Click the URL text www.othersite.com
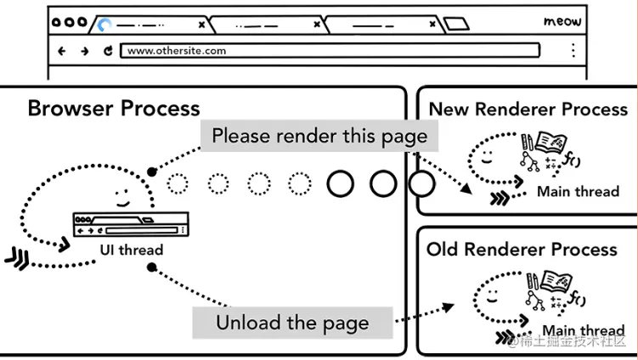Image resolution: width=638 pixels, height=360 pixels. [177, 51]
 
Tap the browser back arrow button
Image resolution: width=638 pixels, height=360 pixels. [62, 51]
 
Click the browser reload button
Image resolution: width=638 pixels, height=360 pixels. [108, 51]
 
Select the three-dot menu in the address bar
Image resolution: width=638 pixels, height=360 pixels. [573, 50]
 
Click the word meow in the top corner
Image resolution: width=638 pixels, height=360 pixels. [562, 21]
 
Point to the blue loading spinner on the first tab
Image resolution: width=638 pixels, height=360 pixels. [104, 25]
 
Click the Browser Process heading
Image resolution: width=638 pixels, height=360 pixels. [114, 109]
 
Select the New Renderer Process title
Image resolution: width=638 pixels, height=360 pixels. [528, 109]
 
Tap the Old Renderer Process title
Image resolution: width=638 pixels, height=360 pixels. [522, 250]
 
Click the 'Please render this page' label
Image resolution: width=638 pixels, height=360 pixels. [319, 136]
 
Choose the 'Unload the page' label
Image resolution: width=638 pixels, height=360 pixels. [292, 323]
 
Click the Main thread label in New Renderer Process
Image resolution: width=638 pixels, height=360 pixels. [578, 192]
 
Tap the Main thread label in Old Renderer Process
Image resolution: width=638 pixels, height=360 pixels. [583, 330]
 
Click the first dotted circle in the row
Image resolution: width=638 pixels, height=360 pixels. [178, 183]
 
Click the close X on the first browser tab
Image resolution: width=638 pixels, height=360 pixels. [201, 25]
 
